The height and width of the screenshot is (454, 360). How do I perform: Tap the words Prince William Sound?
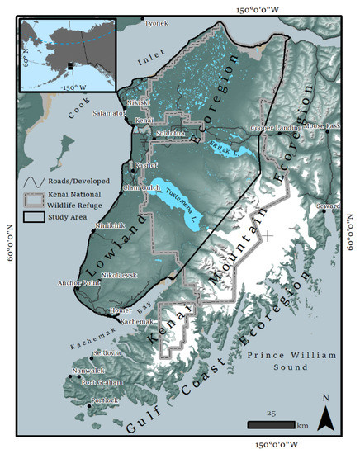tap(291, 360)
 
